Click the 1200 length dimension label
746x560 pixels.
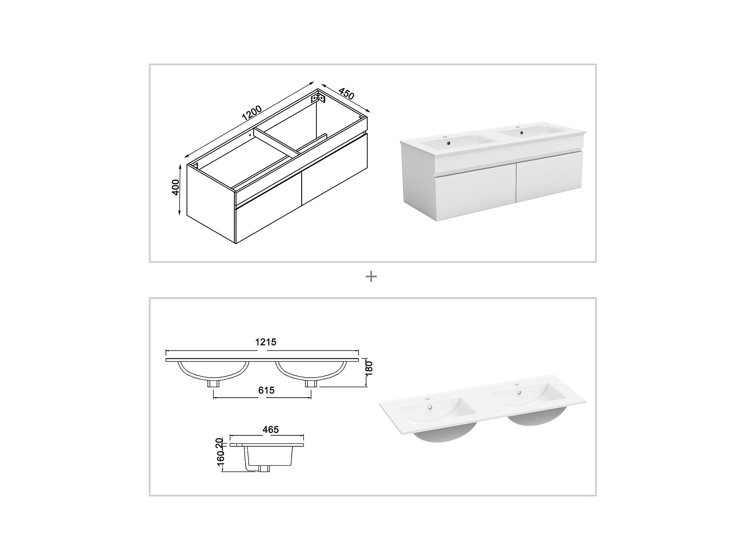(x=252, y=113)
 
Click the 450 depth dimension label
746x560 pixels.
(x=346, y=94)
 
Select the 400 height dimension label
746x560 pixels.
(x=176, y=187)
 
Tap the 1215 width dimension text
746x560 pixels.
(x=266, y=342)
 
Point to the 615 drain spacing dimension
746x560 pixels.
(x=266, y=390)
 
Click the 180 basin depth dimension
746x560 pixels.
(x=369, y=368)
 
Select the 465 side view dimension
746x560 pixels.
(x=270, y=430)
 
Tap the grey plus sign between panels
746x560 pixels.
(x=371, y=277)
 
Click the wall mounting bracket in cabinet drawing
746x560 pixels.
(x=318, y=98)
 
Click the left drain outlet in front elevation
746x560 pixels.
(x=213, y=383)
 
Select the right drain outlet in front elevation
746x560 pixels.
(x=311, y=383)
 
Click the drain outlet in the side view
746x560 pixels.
(x=263, y=469)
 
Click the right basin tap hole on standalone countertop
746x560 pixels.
(x=516, y=385)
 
